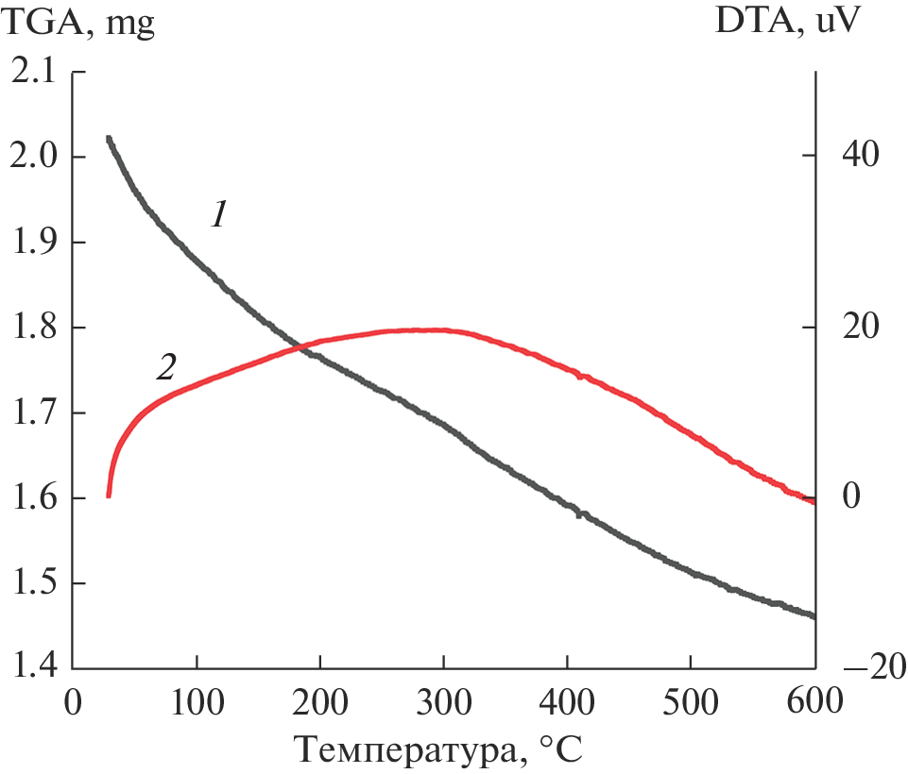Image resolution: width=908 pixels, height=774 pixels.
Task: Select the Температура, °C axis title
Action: click(x=441, y=750)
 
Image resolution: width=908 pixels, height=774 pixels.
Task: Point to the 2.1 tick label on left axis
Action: click(x=34, y=72)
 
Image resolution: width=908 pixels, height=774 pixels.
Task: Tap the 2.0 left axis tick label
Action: click(x=34, y=157)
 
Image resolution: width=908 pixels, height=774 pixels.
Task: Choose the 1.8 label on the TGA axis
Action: click(x=34, y=328)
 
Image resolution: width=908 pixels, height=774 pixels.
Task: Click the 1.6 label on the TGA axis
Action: click(x=34, y=498)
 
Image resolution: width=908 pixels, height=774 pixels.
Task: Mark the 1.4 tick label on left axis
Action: click(x=34, y=669)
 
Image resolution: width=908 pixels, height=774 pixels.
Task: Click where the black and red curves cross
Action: click(x=299, y=347)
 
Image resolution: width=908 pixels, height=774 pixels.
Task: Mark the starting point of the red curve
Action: click(x=109, y=495)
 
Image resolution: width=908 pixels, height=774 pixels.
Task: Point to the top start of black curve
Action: click(x=109, y=139)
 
